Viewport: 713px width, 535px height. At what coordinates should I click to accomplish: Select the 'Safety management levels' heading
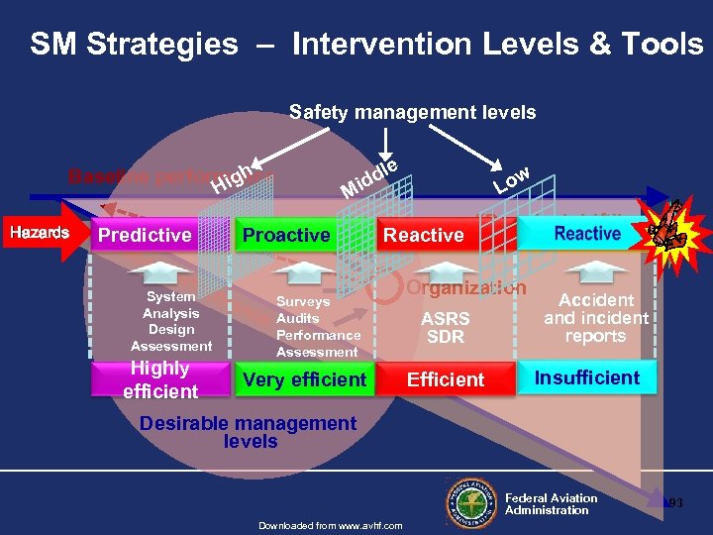click(x=412, y=112)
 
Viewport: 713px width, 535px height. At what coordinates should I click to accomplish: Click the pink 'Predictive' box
click(x=145, y=236)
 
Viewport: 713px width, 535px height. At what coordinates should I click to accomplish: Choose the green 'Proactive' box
click(x=286, y=236)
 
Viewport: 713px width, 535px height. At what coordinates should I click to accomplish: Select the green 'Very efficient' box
click(x=304, y=379)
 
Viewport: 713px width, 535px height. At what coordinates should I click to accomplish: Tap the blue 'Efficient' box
click(x=447, y=379)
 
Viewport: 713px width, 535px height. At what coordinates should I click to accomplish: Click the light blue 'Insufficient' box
click(x=587, y=377)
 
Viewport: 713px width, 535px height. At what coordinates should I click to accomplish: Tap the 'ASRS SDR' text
click(x=446, y=328)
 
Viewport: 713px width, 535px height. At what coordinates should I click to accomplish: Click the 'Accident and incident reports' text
click(x=595, y=317)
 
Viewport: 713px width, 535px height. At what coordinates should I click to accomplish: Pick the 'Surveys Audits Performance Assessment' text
click(x=317, y=327)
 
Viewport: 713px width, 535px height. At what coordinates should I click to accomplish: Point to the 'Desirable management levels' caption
click(x=248, y=432)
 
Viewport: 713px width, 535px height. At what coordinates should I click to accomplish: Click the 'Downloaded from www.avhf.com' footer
click(x=330, y=525)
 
